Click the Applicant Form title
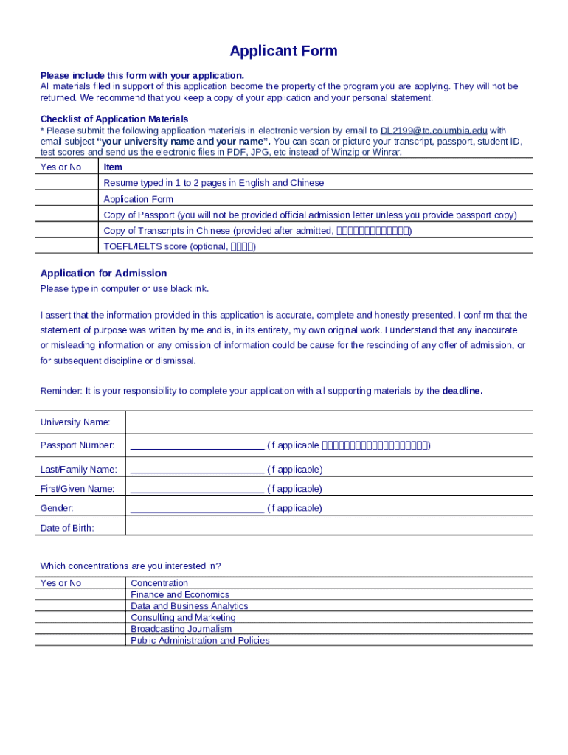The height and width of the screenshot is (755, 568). [283, 51]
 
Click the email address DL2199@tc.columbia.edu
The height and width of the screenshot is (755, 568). [434, 131]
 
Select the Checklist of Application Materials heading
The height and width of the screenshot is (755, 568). [114, 119]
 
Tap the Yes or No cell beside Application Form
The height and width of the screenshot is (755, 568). [67, 199]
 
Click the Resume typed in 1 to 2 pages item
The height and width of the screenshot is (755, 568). [213, 183]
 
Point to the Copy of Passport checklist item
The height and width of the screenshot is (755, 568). [310, 215]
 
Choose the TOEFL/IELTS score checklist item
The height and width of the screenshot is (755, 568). [179, 246]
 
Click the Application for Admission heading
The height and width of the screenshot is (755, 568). [103, 274]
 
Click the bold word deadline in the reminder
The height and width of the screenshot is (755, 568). [462, 391]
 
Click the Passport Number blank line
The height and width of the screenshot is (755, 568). [197, 445]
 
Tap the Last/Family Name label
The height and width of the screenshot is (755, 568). [78, 470]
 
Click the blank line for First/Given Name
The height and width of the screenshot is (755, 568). [197, 489]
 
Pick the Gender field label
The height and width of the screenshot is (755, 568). [57, 508]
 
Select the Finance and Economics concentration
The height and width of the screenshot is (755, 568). [179, 594]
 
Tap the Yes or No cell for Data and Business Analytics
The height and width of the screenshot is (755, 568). [80, 606]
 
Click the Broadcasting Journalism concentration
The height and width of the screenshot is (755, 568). [181, 629]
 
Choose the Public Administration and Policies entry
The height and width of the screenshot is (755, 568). [200, 640]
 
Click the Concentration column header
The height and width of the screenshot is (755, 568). [159, 583]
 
